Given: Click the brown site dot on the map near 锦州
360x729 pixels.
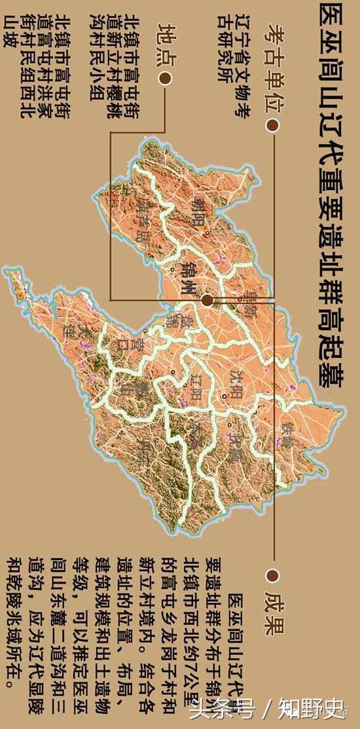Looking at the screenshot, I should point(207,300).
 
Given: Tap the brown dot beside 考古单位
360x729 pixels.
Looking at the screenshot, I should point(272,124).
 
